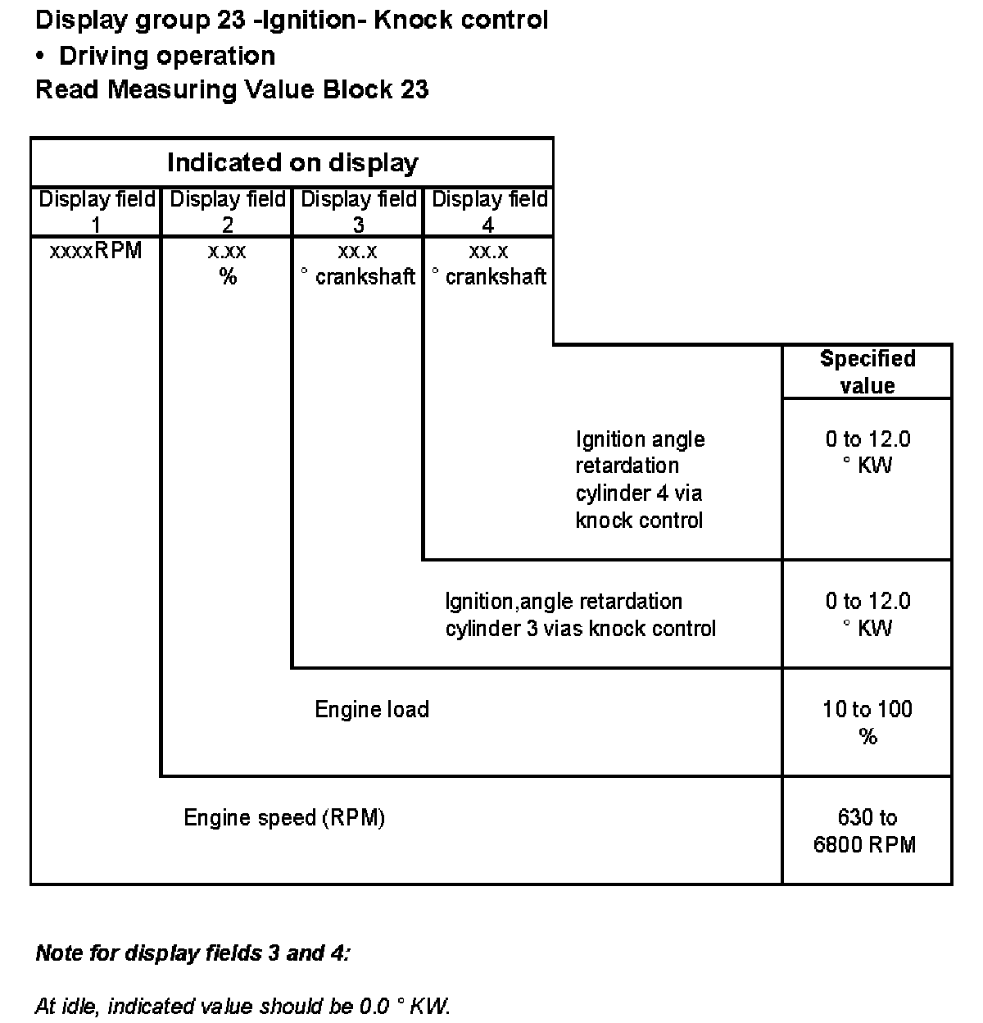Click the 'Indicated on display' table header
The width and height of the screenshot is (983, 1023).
292,162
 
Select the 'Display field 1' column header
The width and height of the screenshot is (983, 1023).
97,211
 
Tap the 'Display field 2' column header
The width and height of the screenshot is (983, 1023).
227,211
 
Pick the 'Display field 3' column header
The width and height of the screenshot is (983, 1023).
358,211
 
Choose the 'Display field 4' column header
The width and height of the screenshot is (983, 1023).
489,211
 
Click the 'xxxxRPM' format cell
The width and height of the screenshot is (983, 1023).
96,251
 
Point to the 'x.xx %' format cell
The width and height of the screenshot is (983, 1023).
227,263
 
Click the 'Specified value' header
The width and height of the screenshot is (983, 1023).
867,372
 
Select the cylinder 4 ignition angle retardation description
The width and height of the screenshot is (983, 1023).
640,480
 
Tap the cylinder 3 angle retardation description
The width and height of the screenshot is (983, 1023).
580,615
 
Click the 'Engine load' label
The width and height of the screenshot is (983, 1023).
372,709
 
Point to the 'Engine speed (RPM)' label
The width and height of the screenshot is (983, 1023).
284,817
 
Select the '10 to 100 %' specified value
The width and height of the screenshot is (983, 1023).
867,722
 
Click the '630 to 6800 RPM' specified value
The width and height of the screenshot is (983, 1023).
866,830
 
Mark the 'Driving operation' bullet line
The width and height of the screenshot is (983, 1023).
167,56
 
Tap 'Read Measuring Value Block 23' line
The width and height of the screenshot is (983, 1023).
232,89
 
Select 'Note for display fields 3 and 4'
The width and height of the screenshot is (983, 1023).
193,953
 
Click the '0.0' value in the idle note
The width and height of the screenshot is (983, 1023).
373,1006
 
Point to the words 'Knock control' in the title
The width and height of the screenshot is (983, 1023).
460,20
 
